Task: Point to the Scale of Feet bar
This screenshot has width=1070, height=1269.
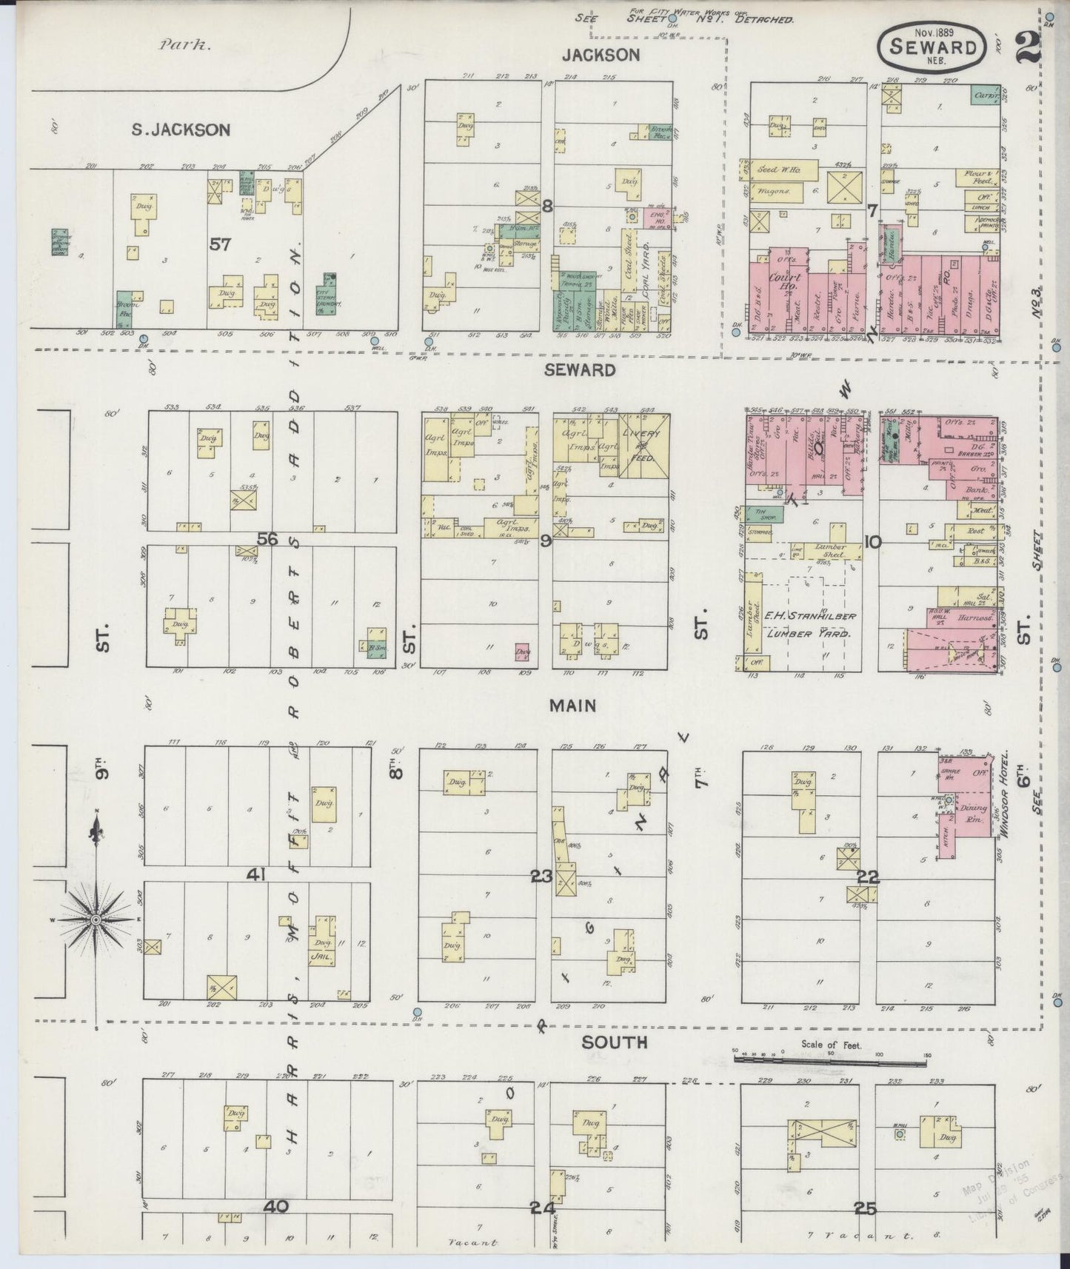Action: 829,1061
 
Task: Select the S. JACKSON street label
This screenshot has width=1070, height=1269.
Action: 181,130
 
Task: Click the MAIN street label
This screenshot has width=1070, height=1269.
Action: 572,706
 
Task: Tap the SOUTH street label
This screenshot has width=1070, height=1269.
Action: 603,1042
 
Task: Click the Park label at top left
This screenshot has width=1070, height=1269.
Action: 185,44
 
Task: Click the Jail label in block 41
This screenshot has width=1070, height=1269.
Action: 323,956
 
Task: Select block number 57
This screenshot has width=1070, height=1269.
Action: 221,244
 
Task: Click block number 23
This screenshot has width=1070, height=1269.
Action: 541,877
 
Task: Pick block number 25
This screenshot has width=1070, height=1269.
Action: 864,1208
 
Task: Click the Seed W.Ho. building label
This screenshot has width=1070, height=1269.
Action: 776,170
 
